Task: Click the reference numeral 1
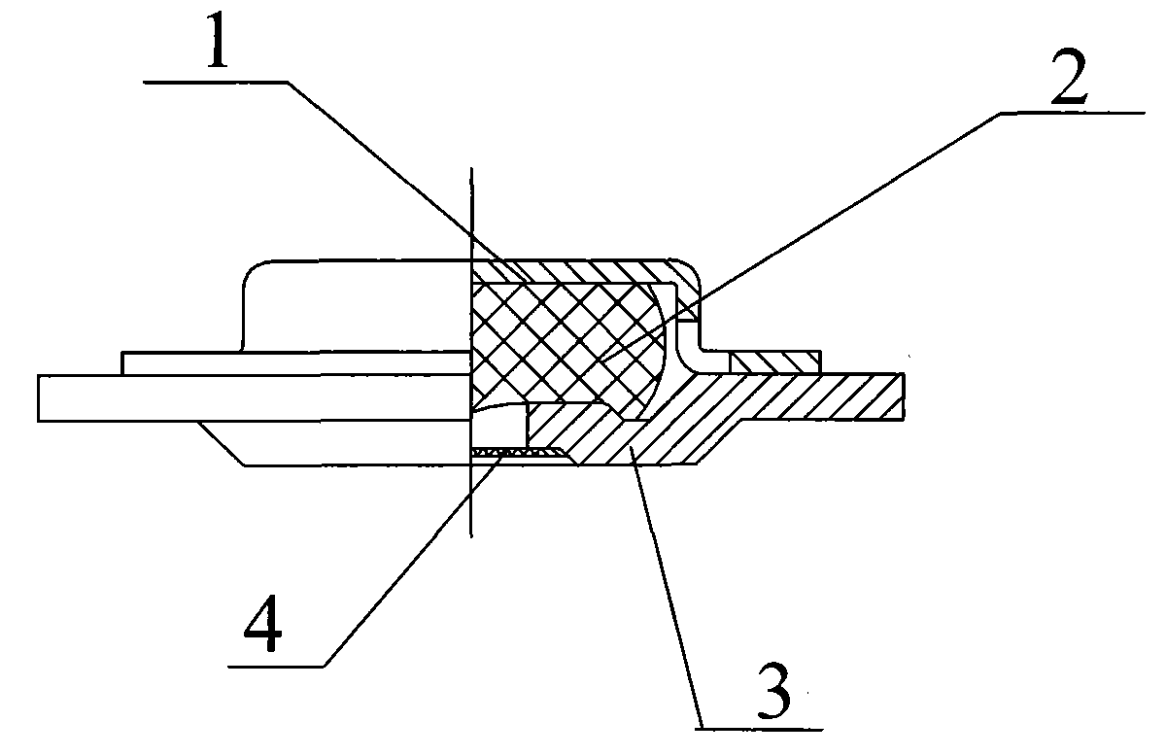click(218, 41)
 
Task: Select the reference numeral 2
click(1070, 77)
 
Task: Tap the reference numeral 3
click(775, 690)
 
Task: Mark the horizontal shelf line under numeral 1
click(215, 82)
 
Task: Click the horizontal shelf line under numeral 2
click(1074, 113)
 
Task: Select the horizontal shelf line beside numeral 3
click(759, 730)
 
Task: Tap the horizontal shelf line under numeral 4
click(276, 667)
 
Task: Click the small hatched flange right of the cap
click(774, 362)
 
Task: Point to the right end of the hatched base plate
click(904, 396)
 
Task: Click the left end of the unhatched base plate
click(39, 397)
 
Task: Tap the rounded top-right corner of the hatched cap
click(691, 268)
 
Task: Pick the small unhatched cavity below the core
click(498, 426)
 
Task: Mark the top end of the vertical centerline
click(471, 168)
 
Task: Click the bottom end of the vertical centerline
click(471, 536)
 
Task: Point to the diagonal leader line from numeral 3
click(667, 587)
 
